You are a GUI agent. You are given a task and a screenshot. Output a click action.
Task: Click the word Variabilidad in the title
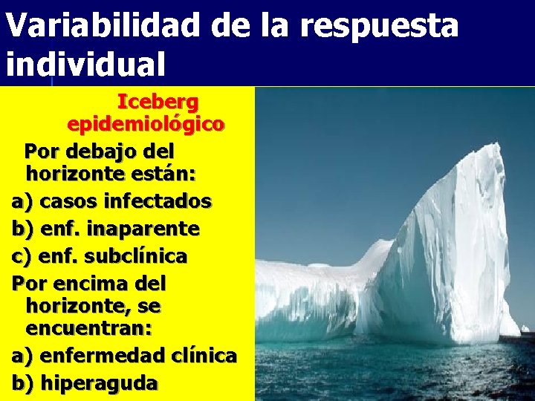(x=103, y=27)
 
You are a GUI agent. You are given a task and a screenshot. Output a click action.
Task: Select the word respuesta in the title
(x=379, y=28)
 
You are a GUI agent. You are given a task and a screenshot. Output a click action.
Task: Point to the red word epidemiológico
(x=145, y=124)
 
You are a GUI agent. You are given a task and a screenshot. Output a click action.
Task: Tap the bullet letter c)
(x=22, y=256)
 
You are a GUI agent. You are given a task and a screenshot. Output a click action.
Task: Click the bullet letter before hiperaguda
(x=22, y=383)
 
